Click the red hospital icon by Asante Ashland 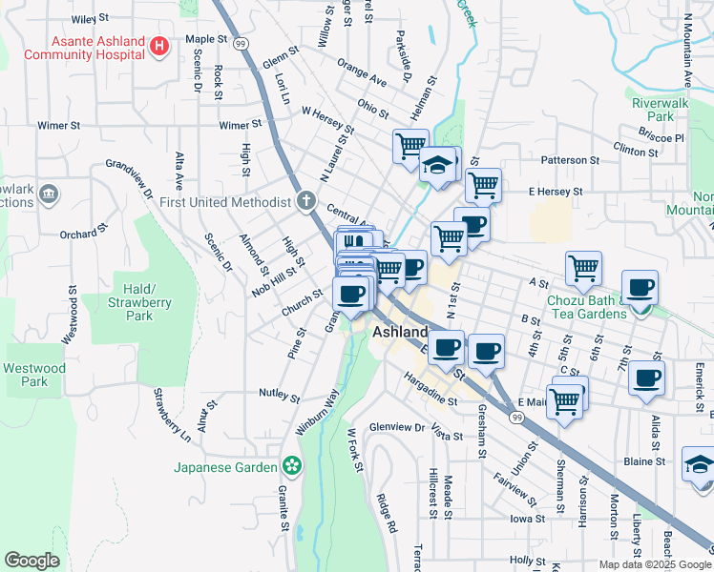159,45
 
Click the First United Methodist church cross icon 304,201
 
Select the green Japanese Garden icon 291,466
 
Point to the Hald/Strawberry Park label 139,301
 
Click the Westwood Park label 33,375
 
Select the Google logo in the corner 31,561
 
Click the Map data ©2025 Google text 655,564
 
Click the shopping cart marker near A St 583,268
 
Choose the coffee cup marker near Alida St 646,378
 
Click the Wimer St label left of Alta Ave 58,125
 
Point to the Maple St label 209,40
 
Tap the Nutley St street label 279,393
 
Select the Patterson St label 569,160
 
